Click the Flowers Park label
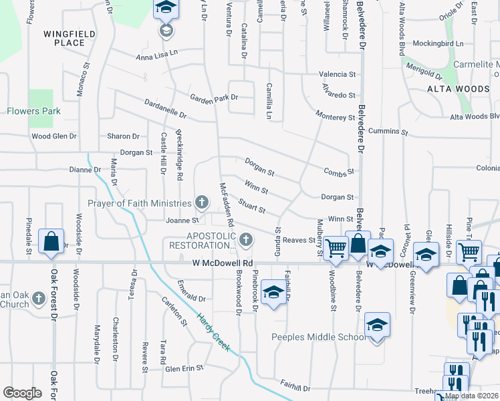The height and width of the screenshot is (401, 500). point(33,111)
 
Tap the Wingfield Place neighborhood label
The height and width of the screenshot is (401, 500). point(64,38)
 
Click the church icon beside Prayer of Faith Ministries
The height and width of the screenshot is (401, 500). point(202,202)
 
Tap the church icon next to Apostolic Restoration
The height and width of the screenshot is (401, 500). point(246,239)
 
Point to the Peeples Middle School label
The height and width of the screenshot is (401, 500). point(318,337)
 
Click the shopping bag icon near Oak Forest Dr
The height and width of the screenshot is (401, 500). point(51,242)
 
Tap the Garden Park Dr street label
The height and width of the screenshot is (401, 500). point(214,98)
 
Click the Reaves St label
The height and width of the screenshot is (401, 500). point(299,240)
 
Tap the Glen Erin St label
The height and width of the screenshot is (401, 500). point(182,369)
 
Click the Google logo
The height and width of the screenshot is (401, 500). point(22,393)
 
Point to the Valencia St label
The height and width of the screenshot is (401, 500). point(337,74)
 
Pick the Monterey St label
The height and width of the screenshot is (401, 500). point(336,118)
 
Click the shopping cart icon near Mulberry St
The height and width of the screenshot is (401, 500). point(336,247)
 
